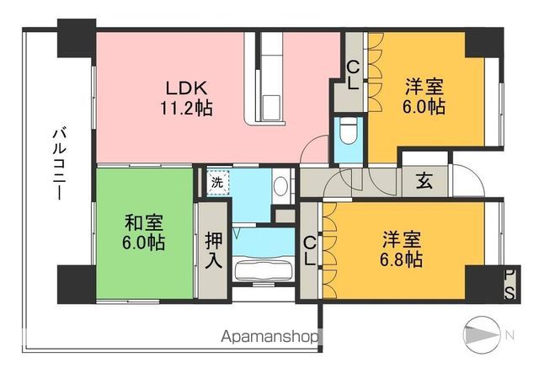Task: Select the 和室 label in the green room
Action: point(144,223)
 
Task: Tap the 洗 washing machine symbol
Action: point(217,181)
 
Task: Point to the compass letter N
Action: point(509,335)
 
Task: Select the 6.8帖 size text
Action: point(401,260)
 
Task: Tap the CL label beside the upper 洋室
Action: point(354,74)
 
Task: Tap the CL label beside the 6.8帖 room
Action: point(311,251)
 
